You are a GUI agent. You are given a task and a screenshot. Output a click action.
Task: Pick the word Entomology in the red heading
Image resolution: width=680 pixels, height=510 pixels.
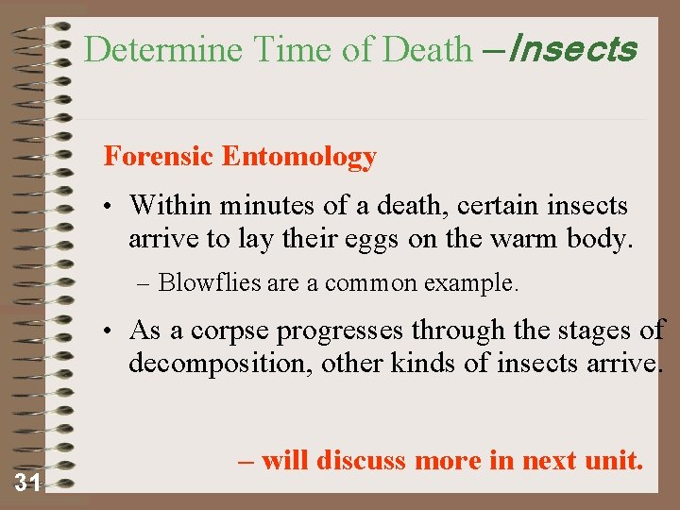(299, 157)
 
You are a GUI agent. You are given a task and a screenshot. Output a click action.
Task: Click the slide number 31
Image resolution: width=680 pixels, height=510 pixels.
(27, 484)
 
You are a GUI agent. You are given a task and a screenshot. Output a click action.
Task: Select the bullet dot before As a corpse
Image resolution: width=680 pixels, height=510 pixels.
(110, 331)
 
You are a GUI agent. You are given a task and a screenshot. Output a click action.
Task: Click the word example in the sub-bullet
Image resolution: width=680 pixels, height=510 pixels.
(475, 282)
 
